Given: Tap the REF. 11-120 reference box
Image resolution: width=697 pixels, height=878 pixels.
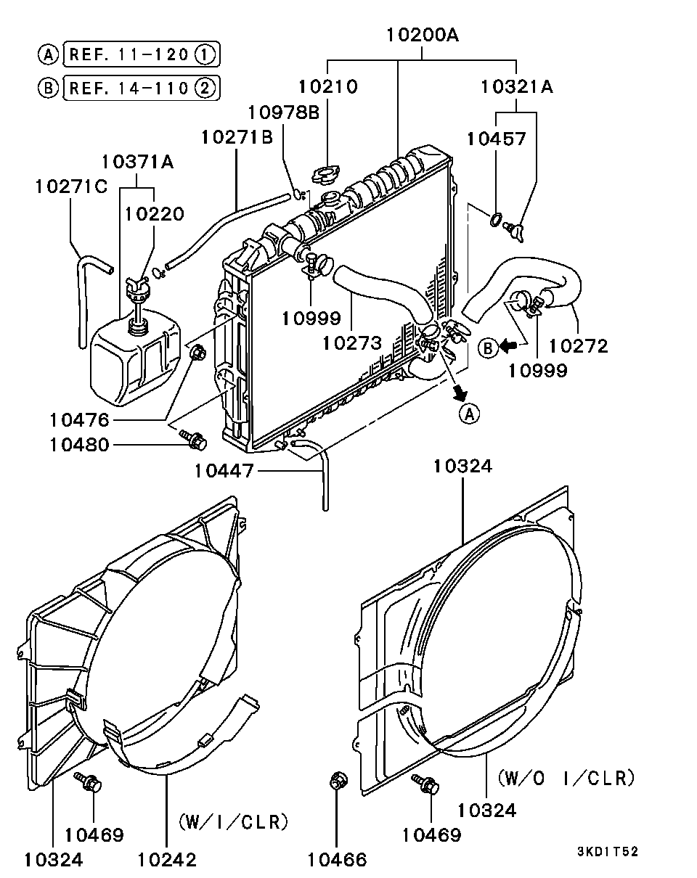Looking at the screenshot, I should (141, 54).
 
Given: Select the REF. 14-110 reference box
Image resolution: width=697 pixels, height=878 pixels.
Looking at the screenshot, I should (141, 89).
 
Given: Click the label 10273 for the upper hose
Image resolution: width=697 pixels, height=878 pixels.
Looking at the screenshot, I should (352, 342).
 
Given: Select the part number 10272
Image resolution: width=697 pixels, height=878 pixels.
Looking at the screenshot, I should (578, 346).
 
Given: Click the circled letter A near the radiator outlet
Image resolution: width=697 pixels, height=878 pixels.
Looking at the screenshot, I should (469, 414).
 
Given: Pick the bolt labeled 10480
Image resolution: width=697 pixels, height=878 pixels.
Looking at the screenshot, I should (193, 438).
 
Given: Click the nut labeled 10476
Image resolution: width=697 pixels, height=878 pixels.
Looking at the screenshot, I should (197, 354).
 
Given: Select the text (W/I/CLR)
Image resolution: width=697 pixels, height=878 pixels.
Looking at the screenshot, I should (234, 822).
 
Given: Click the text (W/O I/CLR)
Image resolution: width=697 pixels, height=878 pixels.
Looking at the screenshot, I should (566, 778).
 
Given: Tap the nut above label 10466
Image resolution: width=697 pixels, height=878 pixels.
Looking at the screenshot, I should (338, 781).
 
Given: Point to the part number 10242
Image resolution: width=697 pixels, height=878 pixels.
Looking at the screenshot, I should (167, 859).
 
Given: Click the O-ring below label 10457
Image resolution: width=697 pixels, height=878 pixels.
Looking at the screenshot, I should (496, 218).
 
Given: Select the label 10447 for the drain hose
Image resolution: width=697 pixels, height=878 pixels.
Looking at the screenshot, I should (224, 472).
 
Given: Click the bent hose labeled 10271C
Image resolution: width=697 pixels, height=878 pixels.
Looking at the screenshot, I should (86, 290).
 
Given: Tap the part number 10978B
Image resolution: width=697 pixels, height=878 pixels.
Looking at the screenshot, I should (283, 112).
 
